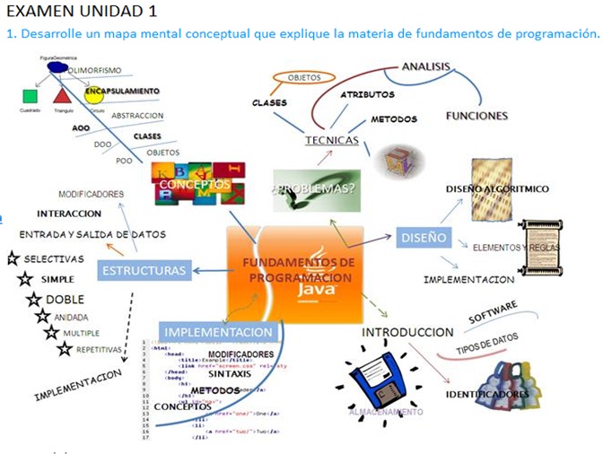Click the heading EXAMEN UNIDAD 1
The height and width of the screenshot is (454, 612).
tap(80, 12)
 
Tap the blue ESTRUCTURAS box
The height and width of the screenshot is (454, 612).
tap(144, 270)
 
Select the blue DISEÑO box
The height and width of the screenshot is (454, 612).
tap(423, 238)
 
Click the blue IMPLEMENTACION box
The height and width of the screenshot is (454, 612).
tap(218, 332)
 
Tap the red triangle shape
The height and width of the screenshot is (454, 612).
tap(61, 94)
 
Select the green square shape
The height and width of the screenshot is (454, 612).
tap(30, 96)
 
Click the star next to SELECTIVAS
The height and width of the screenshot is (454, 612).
tap(13, 258)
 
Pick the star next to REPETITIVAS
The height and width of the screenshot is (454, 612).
tap(65, 350)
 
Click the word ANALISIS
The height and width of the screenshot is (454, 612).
tap(426, 67)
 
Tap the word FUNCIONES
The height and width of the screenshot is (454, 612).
tap(476, 116)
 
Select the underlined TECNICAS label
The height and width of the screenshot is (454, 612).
tap(331, 141)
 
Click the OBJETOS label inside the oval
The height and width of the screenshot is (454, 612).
tap(304, 79)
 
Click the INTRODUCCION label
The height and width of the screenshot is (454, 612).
tap(407, 333)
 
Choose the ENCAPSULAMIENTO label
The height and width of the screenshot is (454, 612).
tap(122, 92)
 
